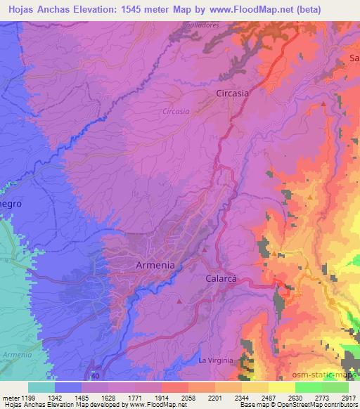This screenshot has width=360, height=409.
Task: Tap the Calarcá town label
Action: (223, 278)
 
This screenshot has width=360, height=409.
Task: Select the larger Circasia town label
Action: (233, 92)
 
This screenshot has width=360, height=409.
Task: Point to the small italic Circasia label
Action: (175, 111)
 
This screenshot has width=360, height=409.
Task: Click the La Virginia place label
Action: (215, 360)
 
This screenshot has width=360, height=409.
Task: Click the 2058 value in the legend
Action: (188, 398)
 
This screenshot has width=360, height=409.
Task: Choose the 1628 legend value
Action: (107, 398)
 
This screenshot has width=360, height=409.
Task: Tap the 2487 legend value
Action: (269, 398)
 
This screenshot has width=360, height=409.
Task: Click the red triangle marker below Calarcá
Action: (179, 301)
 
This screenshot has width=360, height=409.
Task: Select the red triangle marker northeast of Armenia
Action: (204, 249)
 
